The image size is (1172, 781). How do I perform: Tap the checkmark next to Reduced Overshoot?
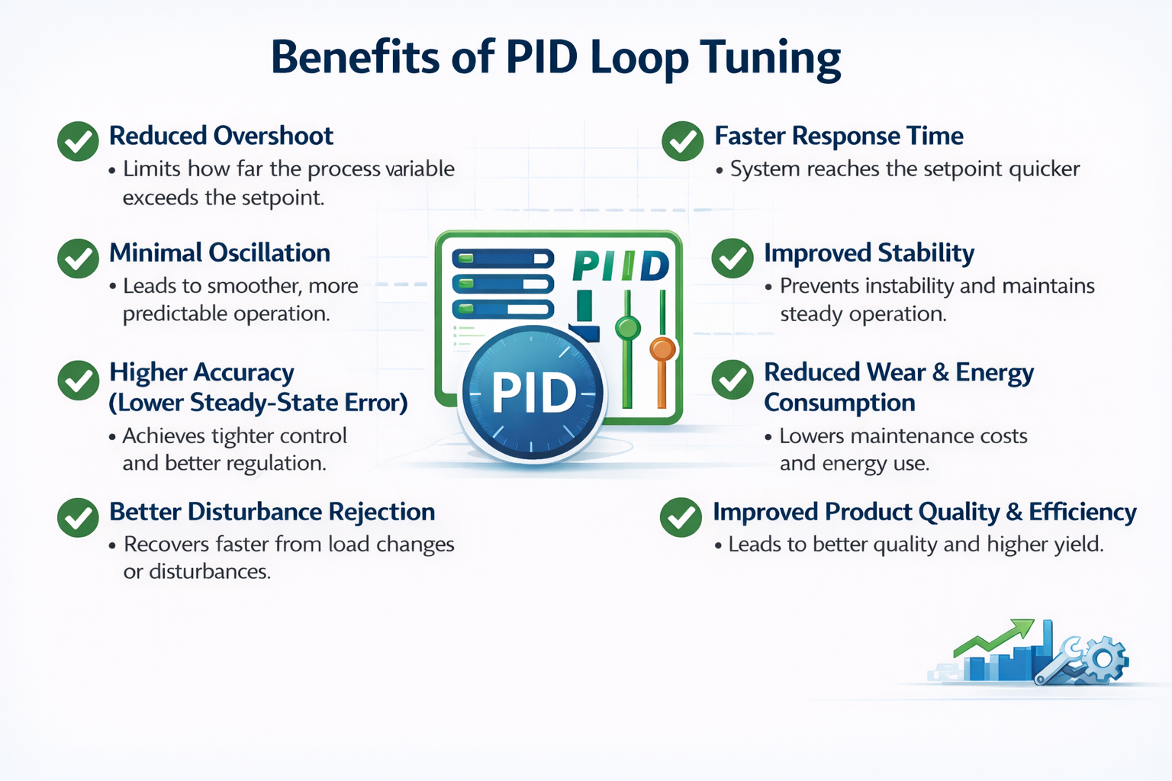78,141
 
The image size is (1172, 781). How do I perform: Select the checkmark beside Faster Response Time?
682,141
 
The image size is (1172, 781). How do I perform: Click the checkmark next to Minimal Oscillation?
78,258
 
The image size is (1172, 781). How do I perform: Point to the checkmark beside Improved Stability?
732,258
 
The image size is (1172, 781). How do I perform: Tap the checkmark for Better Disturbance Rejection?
78,517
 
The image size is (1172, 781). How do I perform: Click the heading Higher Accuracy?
201,372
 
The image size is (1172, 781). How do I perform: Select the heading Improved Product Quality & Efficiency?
924,512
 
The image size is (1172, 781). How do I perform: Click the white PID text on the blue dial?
534,394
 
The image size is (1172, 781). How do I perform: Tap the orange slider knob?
662,349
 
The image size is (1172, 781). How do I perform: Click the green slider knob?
627,329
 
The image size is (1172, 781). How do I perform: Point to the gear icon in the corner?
1105,660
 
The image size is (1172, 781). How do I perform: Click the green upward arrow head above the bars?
1022,629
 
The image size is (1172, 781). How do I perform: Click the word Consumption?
839,403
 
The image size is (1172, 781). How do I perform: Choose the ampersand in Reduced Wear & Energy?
941,372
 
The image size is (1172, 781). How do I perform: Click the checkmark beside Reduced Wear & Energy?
732,379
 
